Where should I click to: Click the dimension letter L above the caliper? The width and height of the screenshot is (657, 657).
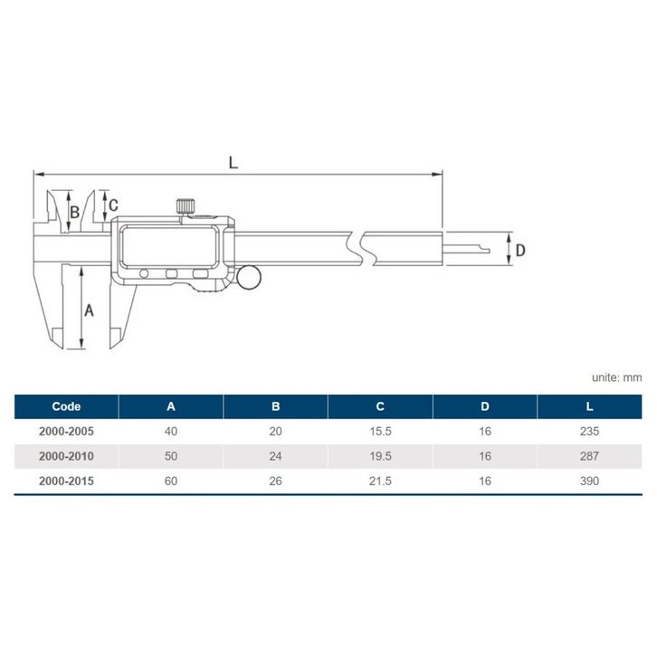[x=233, y=163]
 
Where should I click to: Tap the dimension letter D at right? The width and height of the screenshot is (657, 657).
[x=520, y=250]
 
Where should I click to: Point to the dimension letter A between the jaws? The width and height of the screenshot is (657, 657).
[x=89, y=310]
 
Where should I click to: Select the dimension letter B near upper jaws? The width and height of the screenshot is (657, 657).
[x=74, y=212]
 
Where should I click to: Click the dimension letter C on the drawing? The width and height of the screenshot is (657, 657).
[x=113, y=205]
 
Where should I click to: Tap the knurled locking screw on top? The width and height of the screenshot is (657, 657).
[x=185, y=207]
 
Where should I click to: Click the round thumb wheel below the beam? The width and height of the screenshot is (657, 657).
[x=249, y=277]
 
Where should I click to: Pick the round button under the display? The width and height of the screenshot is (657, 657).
[x=144, y=274]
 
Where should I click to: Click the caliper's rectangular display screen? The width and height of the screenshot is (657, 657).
[x=169, y=246]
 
